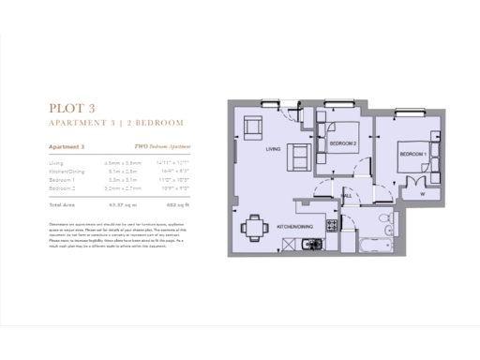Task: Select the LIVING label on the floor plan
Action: [x=273, y=149]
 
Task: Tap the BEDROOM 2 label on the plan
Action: [x=343, y=143]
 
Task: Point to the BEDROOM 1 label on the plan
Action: [x=412, y=154]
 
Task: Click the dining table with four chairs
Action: [x=250, y=228]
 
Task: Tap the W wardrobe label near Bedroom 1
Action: [x=423, y=194]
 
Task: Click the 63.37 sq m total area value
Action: [x=123, y=202]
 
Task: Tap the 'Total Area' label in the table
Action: [x=62, y=202]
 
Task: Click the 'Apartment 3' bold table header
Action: [x=67, y=146]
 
